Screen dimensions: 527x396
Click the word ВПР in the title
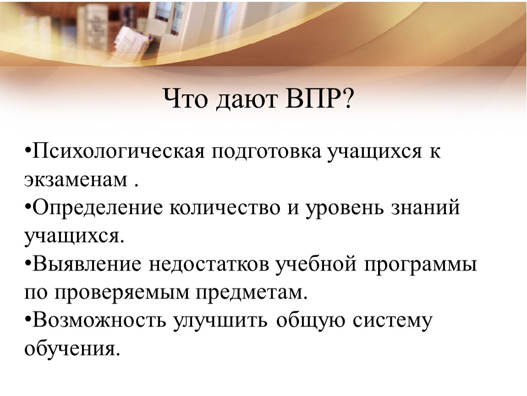pos(312,99)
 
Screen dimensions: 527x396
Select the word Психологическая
pos(118,152)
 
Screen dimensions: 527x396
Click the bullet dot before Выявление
pos(27,263)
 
